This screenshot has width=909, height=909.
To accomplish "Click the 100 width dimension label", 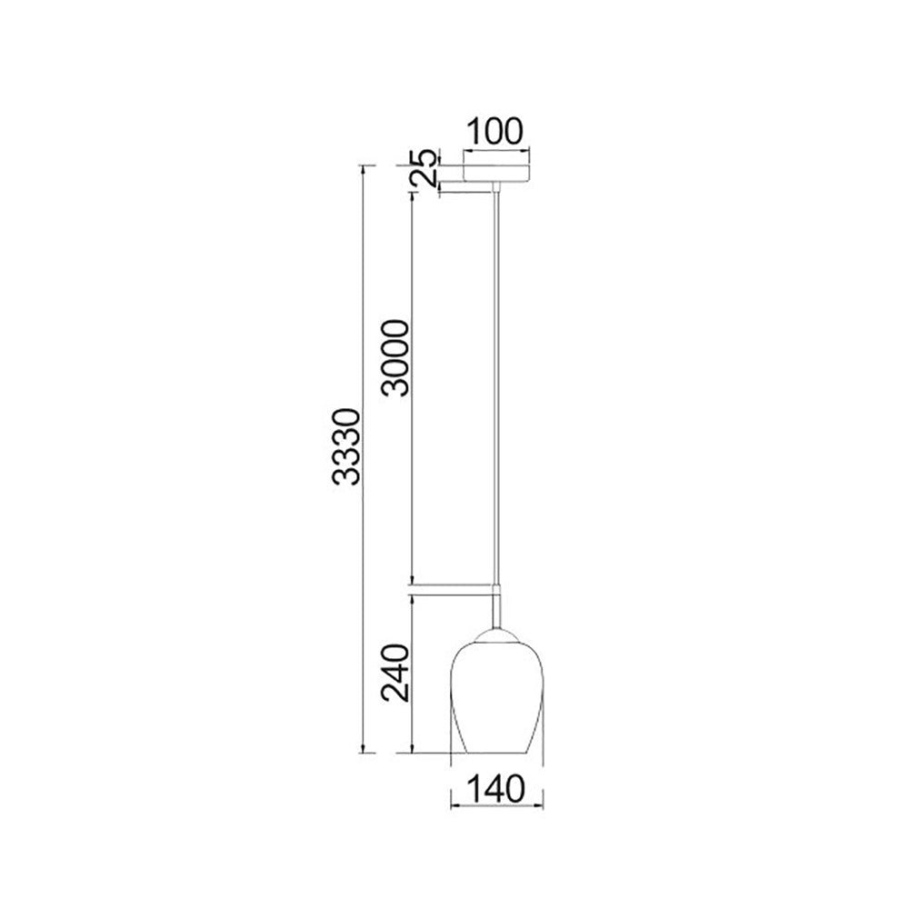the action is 494,132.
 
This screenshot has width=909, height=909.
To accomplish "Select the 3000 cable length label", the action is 396,357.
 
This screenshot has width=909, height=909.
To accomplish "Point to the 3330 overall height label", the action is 348,446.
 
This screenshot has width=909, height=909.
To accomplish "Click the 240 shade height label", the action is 396,673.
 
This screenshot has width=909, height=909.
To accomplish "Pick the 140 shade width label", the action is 495,789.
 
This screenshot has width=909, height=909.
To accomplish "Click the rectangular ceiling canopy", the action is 497,174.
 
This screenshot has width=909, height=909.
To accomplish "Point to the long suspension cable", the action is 496,387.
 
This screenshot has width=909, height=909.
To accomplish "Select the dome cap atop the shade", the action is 497,635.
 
